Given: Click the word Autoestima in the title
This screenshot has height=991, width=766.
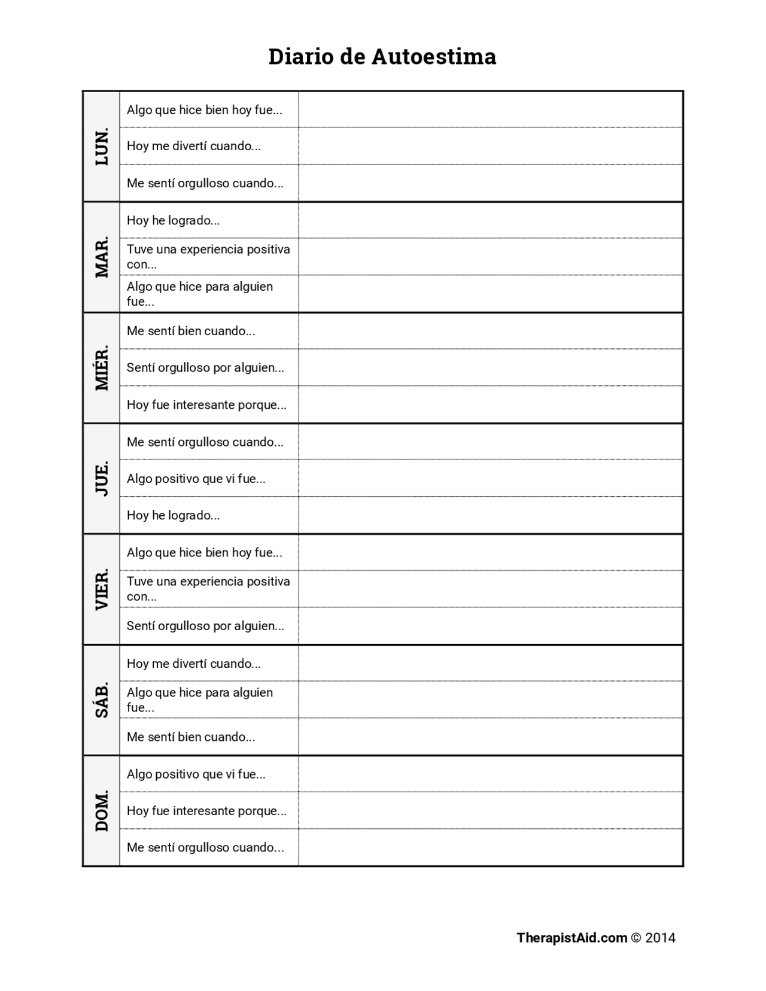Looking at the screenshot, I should click(434, 57).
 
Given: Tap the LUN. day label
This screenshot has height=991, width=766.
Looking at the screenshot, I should click(102, 146).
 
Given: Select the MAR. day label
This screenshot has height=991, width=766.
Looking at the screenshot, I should click(102, 257).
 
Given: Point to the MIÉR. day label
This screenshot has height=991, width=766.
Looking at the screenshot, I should click(102, 367).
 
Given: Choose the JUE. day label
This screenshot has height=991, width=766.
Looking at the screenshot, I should click(102, 478).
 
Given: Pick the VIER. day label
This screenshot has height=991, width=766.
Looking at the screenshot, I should click(102, 589).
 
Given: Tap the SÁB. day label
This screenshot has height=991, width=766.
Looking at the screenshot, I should click(102, 700).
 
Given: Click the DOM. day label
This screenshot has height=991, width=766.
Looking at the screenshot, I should click(102, 810).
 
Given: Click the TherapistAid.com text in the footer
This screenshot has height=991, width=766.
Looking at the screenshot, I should click(572, 938).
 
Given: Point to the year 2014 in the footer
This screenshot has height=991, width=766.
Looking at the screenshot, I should click(660, 938).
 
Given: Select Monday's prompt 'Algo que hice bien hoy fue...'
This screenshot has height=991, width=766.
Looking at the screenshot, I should click(204, 110).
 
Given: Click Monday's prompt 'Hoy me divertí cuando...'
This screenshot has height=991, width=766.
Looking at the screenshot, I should click(193, 146).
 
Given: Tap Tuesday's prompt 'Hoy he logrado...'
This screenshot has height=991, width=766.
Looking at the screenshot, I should click(173, 220).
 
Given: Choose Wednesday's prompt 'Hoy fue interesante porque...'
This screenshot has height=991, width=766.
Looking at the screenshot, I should click(206, 405).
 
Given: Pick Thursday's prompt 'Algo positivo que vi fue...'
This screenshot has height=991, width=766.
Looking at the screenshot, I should click(196, 479).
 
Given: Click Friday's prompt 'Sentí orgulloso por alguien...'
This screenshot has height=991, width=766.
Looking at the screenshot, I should click(205, 626).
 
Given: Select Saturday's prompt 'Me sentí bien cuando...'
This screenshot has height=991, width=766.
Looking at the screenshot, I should click(191, 737).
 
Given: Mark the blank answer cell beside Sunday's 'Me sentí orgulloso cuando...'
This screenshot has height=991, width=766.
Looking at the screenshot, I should click(491, 847).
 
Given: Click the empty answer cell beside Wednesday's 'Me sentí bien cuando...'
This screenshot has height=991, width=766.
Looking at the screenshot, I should click(491, 331).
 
